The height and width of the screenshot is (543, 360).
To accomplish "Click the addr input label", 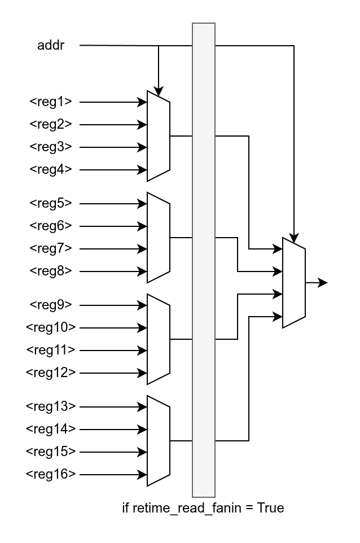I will [51, 45].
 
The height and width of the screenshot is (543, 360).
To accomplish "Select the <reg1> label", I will [51, 102].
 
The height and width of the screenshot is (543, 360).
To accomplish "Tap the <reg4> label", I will [51, 170].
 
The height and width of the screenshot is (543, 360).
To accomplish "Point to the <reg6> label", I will [51, 226].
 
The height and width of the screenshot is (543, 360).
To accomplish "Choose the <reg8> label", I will [51, 271].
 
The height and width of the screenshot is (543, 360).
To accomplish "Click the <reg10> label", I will [51, 328].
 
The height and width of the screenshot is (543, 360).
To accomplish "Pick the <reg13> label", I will [51, 407].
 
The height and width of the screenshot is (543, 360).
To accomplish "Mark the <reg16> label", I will [51, 475].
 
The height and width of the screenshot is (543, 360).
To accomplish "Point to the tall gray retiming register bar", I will [204, 260].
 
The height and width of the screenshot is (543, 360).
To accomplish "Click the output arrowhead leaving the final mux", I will [323, 283].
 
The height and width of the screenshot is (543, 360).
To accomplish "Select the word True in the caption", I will [270, 508].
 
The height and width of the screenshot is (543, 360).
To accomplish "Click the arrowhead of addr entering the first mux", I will [159, 92].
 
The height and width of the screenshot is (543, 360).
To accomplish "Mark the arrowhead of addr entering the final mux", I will [294, 238].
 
